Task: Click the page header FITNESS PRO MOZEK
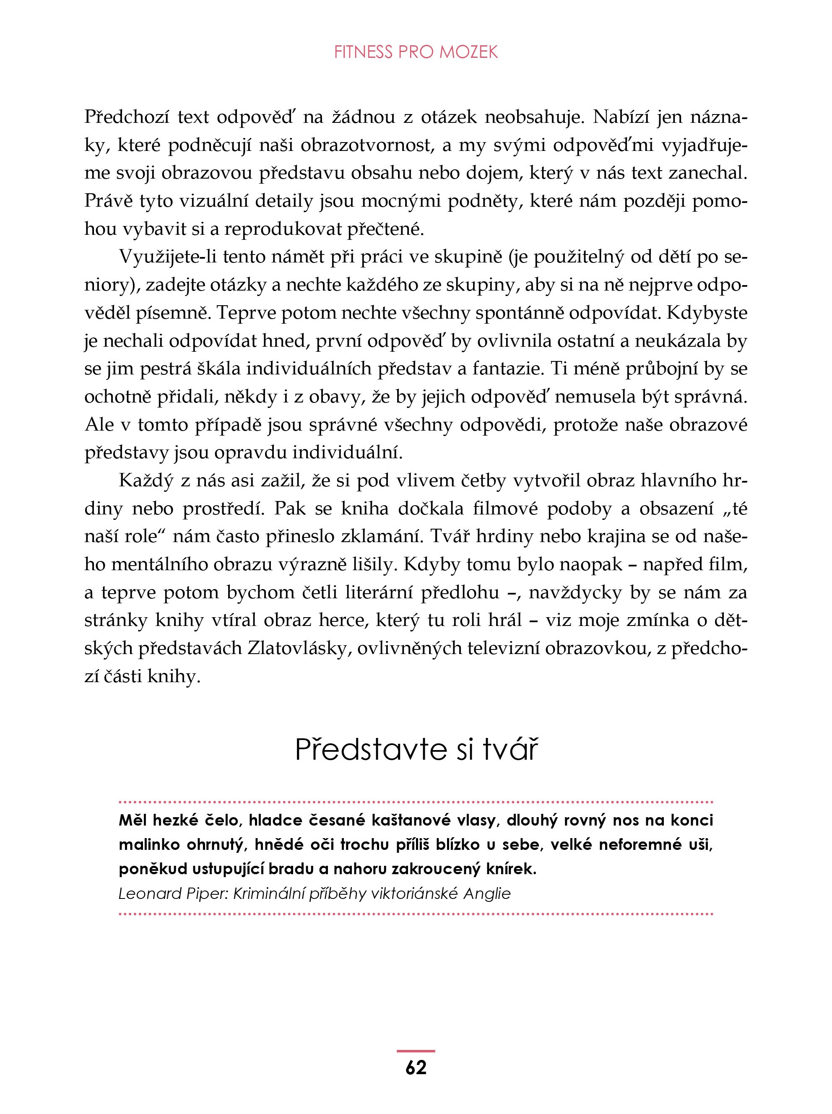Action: pyautogui.click(x=416, y=52)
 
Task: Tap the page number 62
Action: pyautogui.click(x=416, y=1067)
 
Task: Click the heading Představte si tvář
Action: pyautogui.click(x=416, y=750)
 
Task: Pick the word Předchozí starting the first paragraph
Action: pyautogui.click(x=128, y=117)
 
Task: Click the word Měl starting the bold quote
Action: pyautogui.click(x=133, y=820)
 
